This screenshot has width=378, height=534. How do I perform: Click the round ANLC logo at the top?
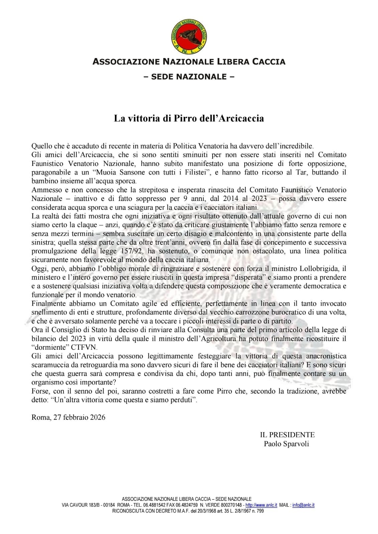189,36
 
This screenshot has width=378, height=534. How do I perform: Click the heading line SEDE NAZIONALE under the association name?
189,77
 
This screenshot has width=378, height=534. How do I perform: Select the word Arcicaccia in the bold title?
241,118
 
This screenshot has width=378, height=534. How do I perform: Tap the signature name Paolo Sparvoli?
286,444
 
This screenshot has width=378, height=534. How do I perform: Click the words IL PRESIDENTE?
287,435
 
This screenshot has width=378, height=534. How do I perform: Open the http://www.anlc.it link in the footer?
261,505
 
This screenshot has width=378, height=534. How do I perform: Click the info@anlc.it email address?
303,505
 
